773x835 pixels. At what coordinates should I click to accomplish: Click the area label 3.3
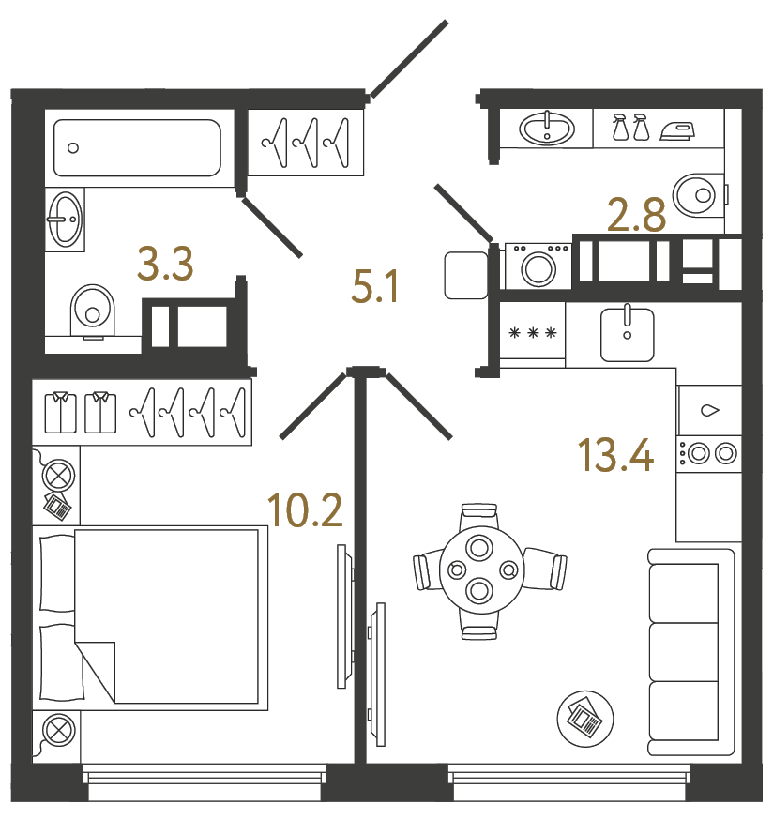coord(165,265)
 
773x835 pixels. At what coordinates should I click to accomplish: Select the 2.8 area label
coord(637,215)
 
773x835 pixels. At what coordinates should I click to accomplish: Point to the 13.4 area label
coord(615,456)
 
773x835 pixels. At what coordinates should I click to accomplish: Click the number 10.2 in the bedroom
coord(305,511)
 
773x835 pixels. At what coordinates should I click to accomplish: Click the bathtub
coord(137,147)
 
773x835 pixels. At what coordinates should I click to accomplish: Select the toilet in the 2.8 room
coord(699,194)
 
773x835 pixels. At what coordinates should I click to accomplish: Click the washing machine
coord(538,266)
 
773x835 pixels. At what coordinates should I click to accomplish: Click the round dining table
coord(480,569)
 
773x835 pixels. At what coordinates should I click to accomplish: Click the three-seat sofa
coord(690,655)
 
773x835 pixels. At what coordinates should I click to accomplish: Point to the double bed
coord(150,615)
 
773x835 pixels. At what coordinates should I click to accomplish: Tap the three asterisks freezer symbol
coord(532,332)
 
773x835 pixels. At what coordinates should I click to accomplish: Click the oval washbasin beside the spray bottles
coord(547,128)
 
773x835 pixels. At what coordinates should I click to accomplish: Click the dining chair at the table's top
coord(479,514)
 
